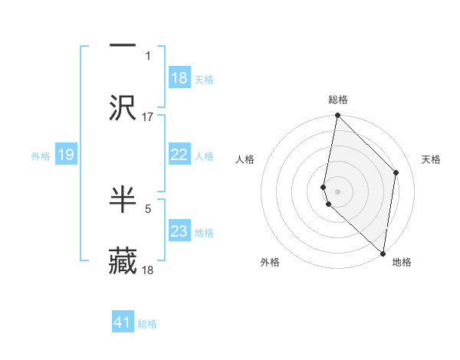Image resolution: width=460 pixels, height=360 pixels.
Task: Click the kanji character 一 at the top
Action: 123,44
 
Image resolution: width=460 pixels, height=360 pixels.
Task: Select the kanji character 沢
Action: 123,109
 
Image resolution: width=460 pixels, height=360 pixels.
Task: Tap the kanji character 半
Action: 123,198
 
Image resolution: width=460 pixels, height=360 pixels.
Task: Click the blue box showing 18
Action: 179,78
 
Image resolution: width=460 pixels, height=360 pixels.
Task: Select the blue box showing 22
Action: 179,155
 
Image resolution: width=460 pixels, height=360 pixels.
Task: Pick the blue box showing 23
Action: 179,231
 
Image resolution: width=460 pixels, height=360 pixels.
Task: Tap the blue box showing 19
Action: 66,155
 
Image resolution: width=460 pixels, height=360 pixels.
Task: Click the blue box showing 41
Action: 123,322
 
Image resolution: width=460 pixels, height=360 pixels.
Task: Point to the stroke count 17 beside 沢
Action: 148,117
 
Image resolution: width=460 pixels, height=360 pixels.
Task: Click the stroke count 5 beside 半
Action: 148,206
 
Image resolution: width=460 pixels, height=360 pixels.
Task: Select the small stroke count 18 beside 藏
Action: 148,270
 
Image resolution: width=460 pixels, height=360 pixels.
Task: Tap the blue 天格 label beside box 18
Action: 204,79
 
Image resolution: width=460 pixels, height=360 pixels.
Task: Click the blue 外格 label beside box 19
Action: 41,156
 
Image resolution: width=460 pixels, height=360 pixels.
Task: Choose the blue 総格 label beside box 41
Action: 147,324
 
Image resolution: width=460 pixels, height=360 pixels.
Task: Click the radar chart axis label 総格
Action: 338,100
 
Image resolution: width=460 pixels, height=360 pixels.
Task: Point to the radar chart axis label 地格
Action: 402,262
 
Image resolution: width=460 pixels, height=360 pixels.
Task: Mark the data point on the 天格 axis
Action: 396,172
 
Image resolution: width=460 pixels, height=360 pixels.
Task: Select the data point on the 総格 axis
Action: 337,116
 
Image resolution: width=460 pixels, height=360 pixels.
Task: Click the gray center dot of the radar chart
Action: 337,191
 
